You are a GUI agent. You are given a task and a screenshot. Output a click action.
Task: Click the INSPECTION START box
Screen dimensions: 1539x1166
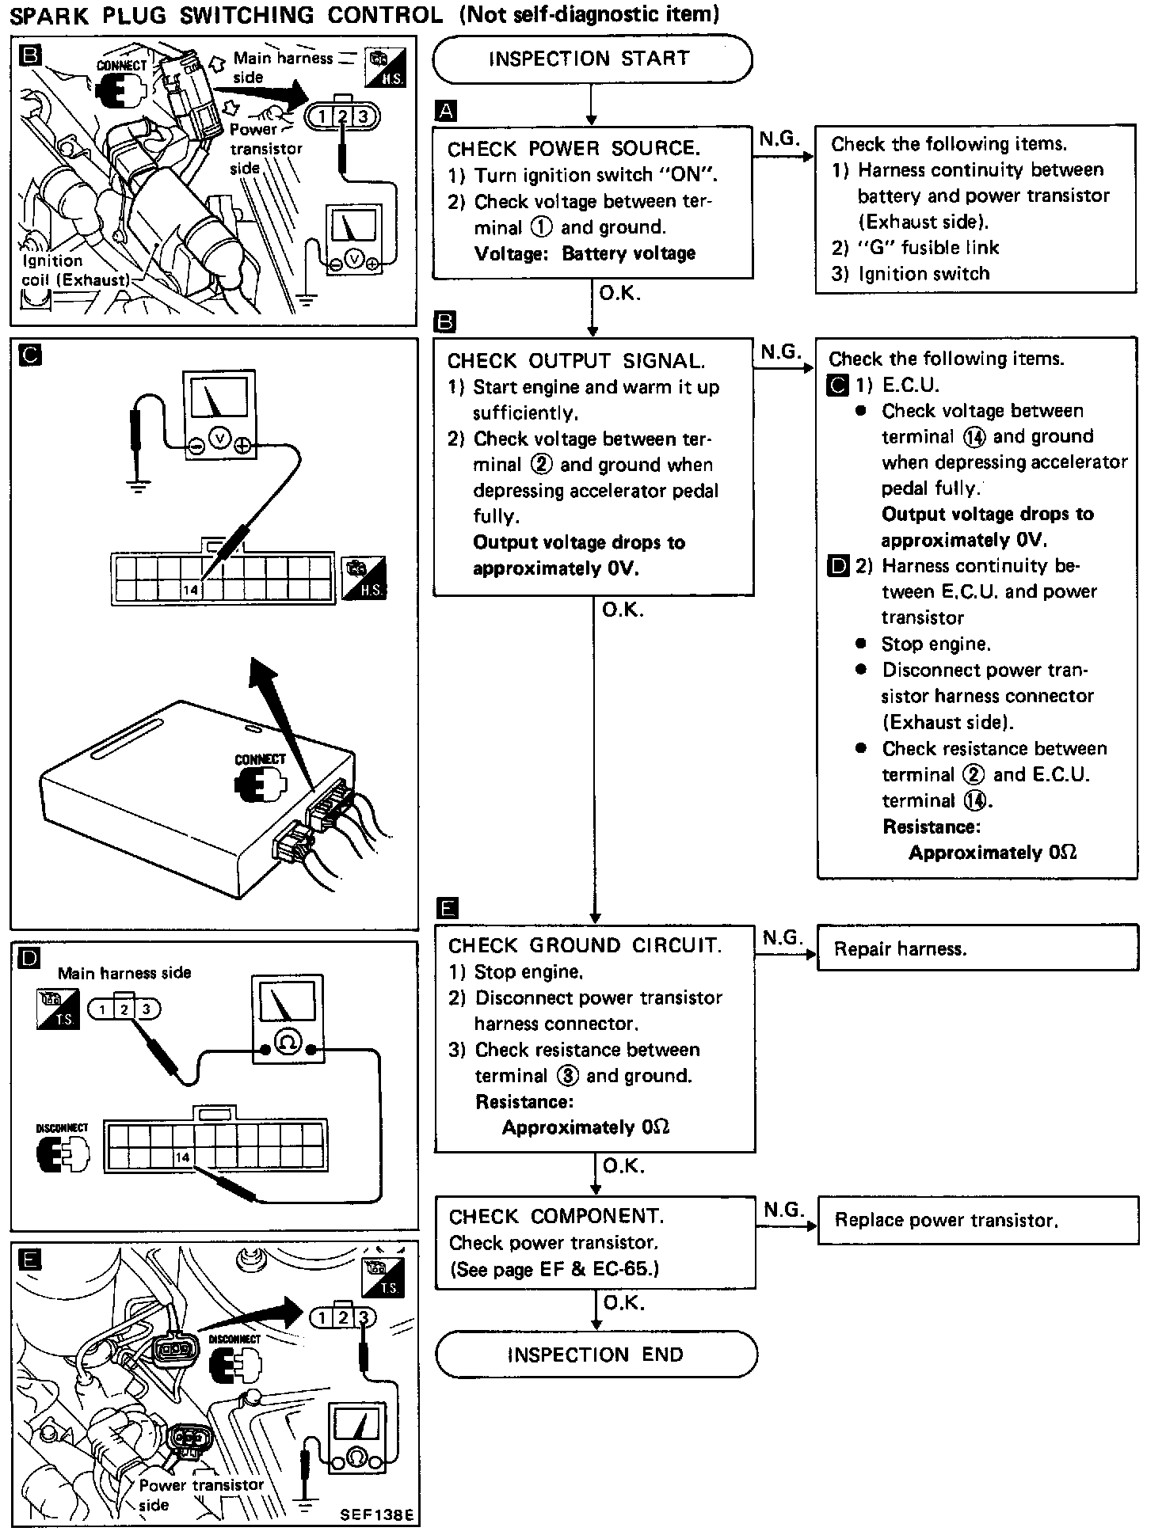(x=592, y=59)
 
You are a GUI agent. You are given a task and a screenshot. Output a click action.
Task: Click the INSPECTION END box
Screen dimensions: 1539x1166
(x=596, y=1355)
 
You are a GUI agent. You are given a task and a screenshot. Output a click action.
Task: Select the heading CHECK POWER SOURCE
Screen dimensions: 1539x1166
(x=573, y=149)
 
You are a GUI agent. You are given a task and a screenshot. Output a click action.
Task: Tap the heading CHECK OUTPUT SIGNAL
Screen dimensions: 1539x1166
(x=576, y=361)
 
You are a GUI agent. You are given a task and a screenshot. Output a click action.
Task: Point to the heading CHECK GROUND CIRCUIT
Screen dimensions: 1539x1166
(x=585, y=945)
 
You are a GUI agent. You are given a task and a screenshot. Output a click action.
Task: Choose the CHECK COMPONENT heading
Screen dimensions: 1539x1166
(x=556, y=1216)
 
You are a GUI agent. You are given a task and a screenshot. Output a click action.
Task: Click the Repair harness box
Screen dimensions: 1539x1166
(x=977, y=948)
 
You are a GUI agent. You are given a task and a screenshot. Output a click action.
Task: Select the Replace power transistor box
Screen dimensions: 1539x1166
(x=977, y=1220)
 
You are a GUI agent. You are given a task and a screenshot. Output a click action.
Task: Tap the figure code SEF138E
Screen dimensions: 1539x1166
(x=375, y=1514)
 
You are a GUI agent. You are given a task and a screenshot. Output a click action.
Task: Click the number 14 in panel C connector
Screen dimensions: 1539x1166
(x=191, y=589)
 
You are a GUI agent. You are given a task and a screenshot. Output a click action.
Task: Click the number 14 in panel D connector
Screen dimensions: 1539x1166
(x=183, y=1157)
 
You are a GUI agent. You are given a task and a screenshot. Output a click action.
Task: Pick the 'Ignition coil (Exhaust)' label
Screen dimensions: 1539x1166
(x=74, y=270)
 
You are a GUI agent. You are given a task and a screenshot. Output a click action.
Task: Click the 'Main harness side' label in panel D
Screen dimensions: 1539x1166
(x=124, y=973)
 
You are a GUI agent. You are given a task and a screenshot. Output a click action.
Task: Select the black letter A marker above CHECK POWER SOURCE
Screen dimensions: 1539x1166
(x=446, y=111)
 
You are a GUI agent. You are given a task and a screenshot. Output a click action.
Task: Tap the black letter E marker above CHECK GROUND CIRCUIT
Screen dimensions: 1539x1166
(x=448, y=908)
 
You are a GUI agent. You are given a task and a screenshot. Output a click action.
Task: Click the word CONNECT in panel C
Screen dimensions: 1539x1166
(x=259, y=758)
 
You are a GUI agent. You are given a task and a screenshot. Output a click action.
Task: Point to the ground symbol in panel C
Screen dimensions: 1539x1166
(x=139, y=484)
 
